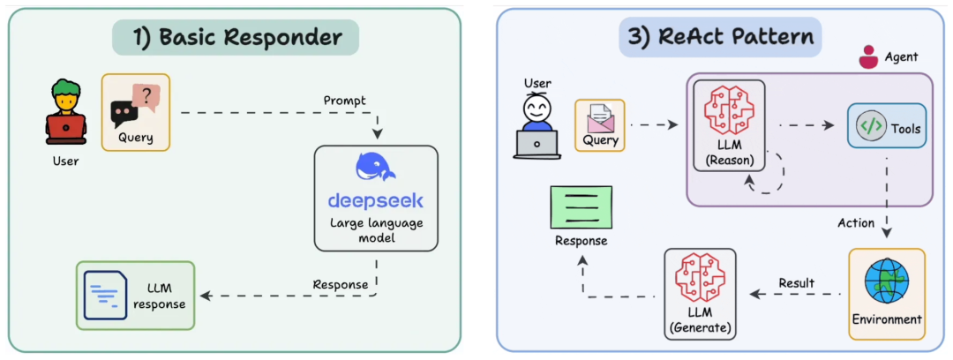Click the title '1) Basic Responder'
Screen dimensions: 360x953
pos(236,38)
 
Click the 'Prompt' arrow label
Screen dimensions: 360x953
pos(345,101)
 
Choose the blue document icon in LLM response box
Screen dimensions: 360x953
pos(106,295)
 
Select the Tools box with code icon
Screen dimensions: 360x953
pos(886,128)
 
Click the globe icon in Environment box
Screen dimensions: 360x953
pos(886,281)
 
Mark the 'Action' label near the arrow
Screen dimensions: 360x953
pos(855,222)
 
